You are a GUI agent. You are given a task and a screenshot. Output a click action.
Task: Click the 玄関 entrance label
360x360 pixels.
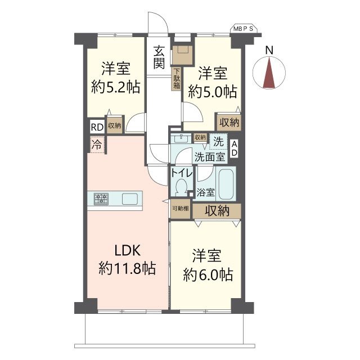point(159,57)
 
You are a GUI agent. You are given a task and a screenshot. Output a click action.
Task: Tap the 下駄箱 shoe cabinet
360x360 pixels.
point(177,79)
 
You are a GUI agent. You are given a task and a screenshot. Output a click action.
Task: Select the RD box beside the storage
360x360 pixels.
point(97,127)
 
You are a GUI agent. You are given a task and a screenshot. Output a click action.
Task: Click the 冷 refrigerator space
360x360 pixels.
point(97,145)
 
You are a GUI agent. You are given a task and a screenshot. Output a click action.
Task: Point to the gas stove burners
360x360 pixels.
point(101,199)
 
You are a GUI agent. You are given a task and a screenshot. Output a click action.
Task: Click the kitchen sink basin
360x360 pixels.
point(130,199)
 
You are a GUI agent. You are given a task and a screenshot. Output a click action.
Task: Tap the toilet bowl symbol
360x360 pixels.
point(181,187)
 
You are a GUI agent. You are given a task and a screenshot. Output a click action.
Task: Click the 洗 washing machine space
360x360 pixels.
point(218,142)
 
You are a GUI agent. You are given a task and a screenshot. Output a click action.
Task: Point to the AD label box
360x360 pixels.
point(234,148)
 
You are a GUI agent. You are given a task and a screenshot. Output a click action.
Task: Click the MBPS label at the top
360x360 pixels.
point(244,29)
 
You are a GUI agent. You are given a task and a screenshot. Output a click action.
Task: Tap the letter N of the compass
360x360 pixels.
point(269,50)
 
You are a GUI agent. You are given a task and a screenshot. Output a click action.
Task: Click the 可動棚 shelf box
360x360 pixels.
point(181,209)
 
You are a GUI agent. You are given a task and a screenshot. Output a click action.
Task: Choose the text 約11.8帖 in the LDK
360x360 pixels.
point(128,268)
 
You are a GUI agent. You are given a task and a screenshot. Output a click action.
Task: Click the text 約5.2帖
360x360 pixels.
point(116,87)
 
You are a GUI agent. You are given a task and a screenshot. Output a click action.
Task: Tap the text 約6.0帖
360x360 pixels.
point(208,274)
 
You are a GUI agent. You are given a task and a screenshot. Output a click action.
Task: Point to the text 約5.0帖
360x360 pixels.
point(213,91)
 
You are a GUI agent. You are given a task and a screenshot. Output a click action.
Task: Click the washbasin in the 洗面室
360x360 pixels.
point(181,138)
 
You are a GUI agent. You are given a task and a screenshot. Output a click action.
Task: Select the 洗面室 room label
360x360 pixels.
point(210,157)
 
